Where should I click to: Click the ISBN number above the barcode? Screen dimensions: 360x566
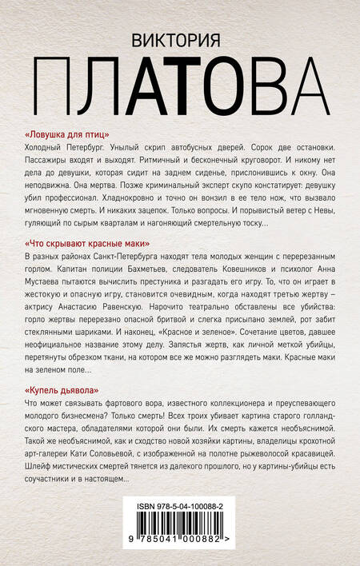[180, 507]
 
